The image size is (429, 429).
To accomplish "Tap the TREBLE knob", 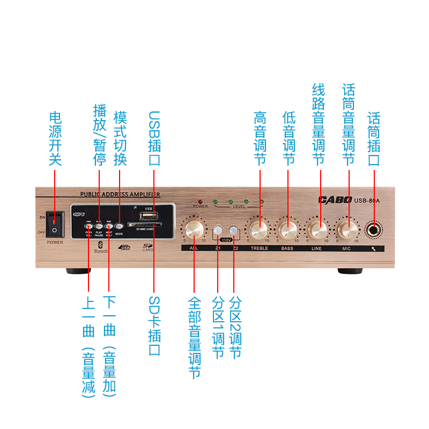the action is pyautogui.click(x=258, y=231).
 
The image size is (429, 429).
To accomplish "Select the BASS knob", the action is pyautogui.click(x=287, y=231).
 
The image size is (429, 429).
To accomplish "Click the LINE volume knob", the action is pyautogui.click(x=318, y=231).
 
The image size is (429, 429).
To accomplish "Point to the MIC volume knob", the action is pyautogui.click(x=347, y=231).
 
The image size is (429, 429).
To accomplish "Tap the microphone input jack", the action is pyautogui.click(x=374, y=230).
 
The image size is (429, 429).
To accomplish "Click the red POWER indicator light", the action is pyautogui.click(x=199, y=201).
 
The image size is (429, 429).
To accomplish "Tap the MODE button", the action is pyautogui.click(x=119, y=227).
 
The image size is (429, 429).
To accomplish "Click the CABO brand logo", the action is pyautogui.click(x=335, y=201).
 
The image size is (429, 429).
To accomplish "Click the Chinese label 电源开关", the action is pyautogui.click(x=55, y=138).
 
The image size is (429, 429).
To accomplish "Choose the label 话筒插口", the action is pyautogui.click(x=374, y=138).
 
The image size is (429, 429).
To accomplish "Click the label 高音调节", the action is pyautogui.click(x=260, y=138).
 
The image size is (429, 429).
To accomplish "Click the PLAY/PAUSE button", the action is pyautogui.click(x=99, y=227).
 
